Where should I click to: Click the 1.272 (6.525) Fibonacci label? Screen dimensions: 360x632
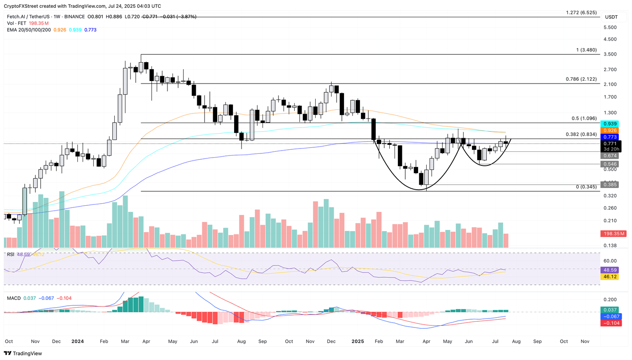pyautogui.click(x=581, y=13)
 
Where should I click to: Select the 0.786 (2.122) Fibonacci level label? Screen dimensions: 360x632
pyautogui.click(x=581, y=79)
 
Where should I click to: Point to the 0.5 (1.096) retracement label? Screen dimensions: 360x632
pyautogui.click(x=584, y=118)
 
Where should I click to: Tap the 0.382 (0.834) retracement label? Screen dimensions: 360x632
pyautogui.click(x=581, y=135)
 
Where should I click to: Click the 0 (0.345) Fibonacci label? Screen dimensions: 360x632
pyautogui.click(x=586, y=187)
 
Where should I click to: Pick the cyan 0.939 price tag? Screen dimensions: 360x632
pyautogui.click(x=610, y=124)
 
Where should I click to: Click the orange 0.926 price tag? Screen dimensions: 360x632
pyautogui.click(x=610, y=130)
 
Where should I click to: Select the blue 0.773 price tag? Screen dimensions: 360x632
pyautogui.click(x=610, y=137)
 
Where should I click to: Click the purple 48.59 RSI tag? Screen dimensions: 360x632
pyautogui.click(x=610, y=270)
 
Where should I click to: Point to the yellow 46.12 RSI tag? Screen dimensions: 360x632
pyautogui.click(x=610, y=276)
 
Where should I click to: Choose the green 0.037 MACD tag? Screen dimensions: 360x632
pyautogui.click(x=610, y=310)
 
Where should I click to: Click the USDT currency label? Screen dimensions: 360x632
pyautogui.click(x=611, y=17)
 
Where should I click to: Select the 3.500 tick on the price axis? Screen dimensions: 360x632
pyautogui.click(x=610, y=54)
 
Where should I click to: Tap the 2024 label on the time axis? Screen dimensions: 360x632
pyautogui.click(x=77, y=341)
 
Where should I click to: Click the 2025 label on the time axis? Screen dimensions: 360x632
pyautogui.click(x=358, y=341)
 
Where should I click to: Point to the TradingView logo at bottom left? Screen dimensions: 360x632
pyautogui.click(x=23, y=353)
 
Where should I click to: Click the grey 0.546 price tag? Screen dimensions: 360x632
pyautogui.click(x=610, y=164)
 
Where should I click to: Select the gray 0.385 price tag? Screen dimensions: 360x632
pyautogui.click(x=610, y=185)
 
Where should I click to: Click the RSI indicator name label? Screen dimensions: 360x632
pyautogui.click(x=11, y=255)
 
